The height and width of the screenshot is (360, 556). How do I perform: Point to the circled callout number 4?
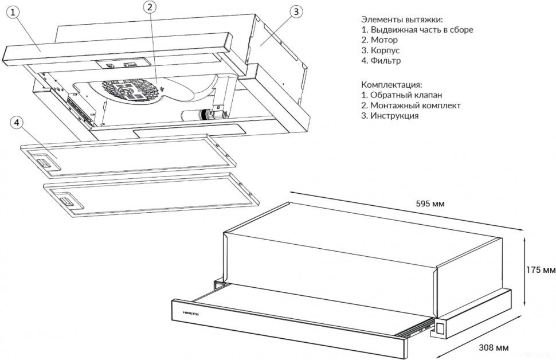tap(17, 123)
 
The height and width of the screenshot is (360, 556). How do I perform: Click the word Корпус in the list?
tap(385, 50)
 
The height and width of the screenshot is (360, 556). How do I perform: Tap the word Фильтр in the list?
tap(386, 61)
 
